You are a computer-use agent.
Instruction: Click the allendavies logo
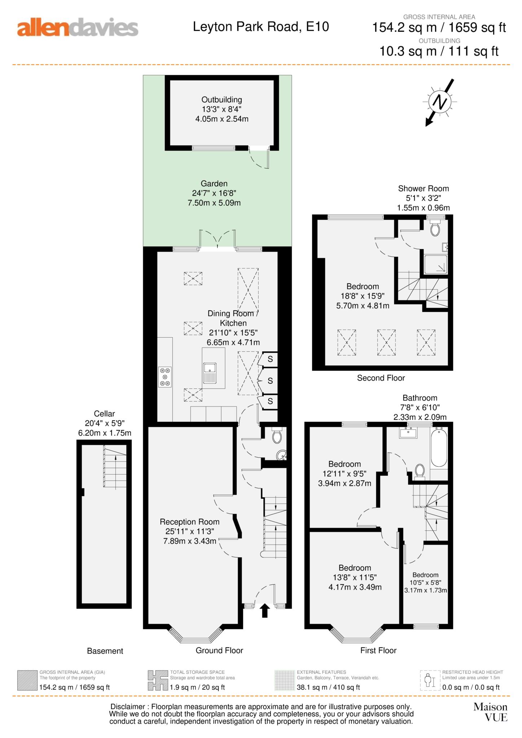coord(78,28)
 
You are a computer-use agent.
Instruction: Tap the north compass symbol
coord(439,102)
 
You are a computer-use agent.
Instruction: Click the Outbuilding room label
coord(221,99)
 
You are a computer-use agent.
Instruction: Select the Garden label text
coord(214,183)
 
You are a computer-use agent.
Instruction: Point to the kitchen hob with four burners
coord(165,377)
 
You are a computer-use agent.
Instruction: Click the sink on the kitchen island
coord(210,373)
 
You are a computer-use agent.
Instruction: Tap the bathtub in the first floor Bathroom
coord(439,447)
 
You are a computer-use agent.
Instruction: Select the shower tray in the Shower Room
coord(436,264)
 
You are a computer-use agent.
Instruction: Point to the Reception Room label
coord(190,521)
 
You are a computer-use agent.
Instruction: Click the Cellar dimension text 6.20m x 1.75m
coord(105,433)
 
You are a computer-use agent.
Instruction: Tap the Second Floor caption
coord(381,378)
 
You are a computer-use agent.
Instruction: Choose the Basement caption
coord(105,651)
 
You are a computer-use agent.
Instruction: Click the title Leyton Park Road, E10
coord(261,27)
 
